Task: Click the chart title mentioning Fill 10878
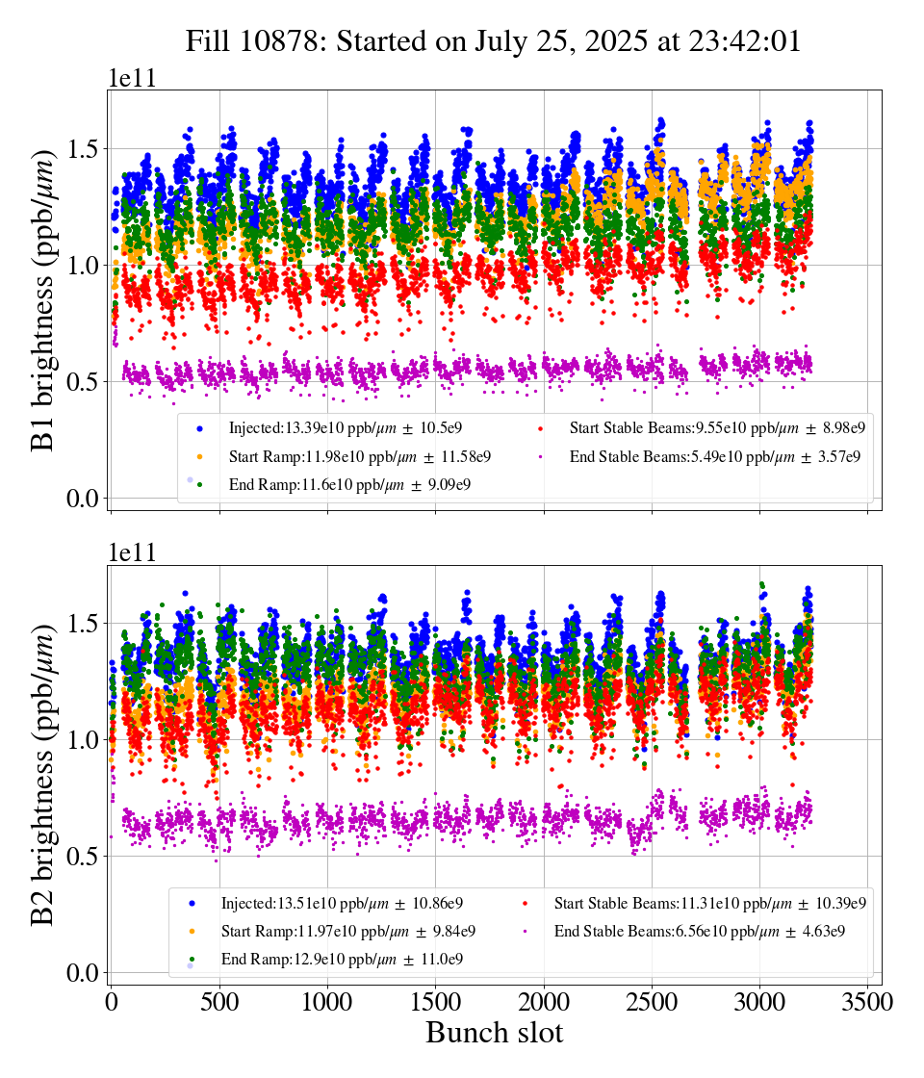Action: pos(494,41)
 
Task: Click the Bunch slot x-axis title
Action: pos(494,1033)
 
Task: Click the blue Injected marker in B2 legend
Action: pos(192,904)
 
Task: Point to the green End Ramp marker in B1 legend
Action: pos(199,484)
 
